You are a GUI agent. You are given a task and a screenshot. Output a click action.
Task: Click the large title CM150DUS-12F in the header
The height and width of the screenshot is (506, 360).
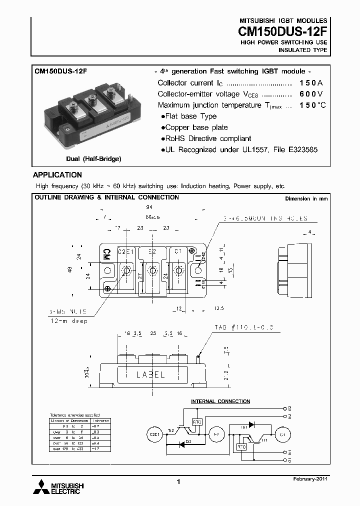pyautogui.click(x=282, y=31)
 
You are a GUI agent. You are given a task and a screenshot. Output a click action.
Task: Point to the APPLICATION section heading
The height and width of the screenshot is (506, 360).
pyautogui.click(x=57, y=175)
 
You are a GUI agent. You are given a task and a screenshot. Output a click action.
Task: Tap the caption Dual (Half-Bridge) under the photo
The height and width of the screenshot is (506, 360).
pyautogui.click(x=93, y=158)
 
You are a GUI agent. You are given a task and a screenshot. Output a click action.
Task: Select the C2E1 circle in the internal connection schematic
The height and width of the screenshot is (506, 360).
pyautogui.click(x=154, y=435)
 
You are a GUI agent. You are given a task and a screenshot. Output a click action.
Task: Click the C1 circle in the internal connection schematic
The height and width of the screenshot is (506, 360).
pyautogui.click(x=283, y=435)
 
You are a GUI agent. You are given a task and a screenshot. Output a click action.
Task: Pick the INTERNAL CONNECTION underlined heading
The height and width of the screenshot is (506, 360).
pyautogui.click(x=220, y=401)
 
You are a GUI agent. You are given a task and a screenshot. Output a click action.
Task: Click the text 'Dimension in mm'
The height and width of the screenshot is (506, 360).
pyautogui.click(x=306, y=198)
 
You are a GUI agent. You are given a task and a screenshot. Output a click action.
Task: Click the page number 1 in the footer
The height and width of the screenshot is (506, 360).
pyautogui.click(x=178, y=481)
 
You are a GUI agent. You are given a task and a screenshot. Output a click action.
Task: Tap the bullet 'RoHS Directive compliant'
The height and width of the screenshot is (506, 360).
pyautogui.click(x=206, y=138)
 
